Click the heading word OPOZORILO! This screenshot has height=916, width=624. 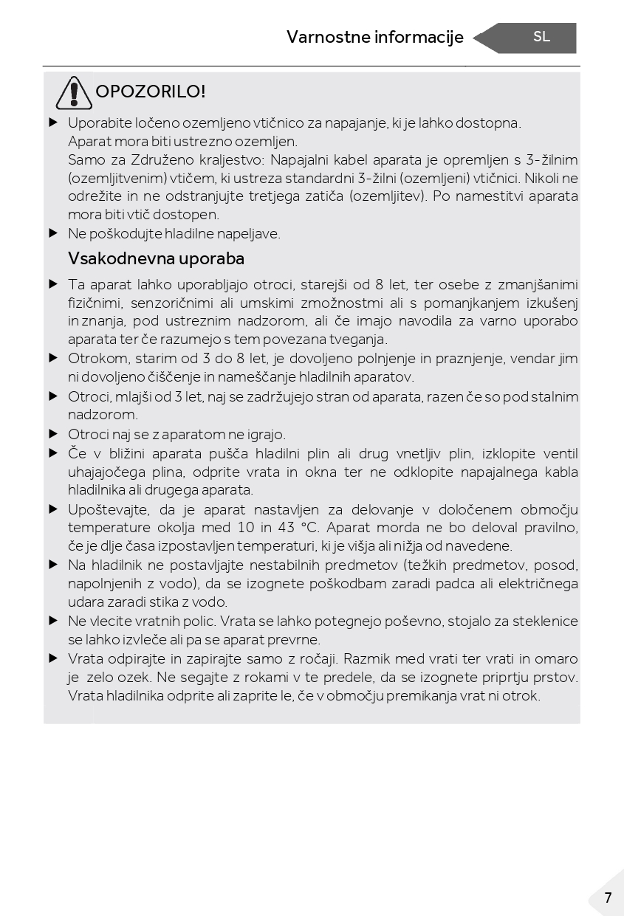point(151,92)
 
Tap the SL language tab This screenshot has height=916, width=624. point(541,37)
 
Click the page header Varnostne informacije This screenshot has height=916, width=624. point(374,37)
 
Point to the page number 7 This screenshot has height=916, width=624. point(608,898)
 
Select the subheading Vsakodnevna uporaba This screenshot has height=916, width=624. point(156,259)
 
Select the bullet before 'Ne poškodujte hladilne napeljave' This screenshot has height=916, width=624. point(53,233)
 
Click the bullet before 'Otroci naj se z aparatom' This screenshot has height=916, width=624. point(53,434)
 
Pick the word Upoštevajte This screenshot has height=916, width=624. point(107,509)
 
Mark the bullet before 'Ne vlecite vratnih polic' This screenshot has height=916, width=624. point(53,621)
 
